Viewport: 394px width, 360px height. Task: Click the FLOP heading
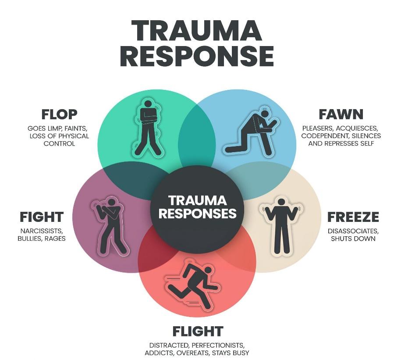[59, 114]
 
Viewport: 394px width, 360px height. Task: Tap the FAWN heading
[341, 114]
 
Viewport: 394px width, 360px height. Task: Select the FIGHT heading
[42, 217]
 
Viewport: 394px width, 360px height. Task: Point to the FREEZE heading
[353, 217]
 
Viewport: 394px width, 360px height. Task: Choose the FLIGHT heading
[198, 331]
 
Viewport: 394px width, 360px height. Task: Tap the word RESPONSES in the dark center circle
[198, 213]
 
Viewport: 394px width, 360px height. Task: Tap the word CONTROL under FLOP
[59, 144]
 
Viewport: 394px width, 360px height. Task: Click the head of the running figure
[208, 270]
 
